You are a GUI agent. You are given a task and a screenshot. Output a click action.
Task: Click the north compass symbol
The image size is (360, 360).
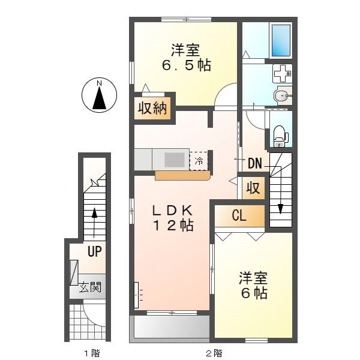point(99,95)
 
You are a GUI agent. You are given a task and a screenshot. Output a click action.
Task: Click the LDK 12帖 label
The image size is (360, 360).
point(172,218)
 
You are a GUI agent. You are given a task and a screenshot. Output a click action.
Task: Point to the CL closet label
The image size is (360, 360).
point(239,216)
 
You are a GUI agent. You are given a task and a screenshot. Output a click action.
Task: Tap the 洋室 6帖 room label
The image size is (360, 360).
point(253,286)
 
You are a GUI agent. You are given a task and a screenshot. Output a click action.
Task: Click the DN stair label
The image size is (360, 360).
point(254,163)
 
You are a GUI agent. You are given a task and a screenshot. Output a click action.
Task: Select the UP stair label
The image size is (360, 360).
point(94,252)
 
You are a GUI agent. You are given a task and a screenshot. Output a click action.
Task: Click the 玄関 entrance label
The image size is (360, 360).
point(91,287)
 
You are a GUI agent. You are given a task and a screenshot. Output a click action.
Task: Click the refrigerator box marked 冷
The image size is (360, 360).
point(199,160)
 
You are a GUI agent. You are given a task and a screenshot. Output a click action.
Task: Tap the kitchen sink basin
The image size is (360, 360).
point(175,160)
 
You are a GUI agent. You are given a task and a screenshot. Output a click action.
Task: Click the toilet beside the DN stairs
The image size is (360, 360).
point(280,136)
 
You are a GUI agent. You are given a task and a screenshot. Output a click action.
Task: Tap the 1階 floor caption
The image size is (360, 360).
point(91,352)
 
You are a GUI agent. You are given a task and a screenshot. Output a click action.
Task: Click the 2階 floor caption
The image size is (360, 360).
point(214,352)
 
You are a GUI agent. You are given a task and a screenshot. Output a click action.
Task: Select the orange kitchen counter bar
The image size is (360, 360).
point(182,176)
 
